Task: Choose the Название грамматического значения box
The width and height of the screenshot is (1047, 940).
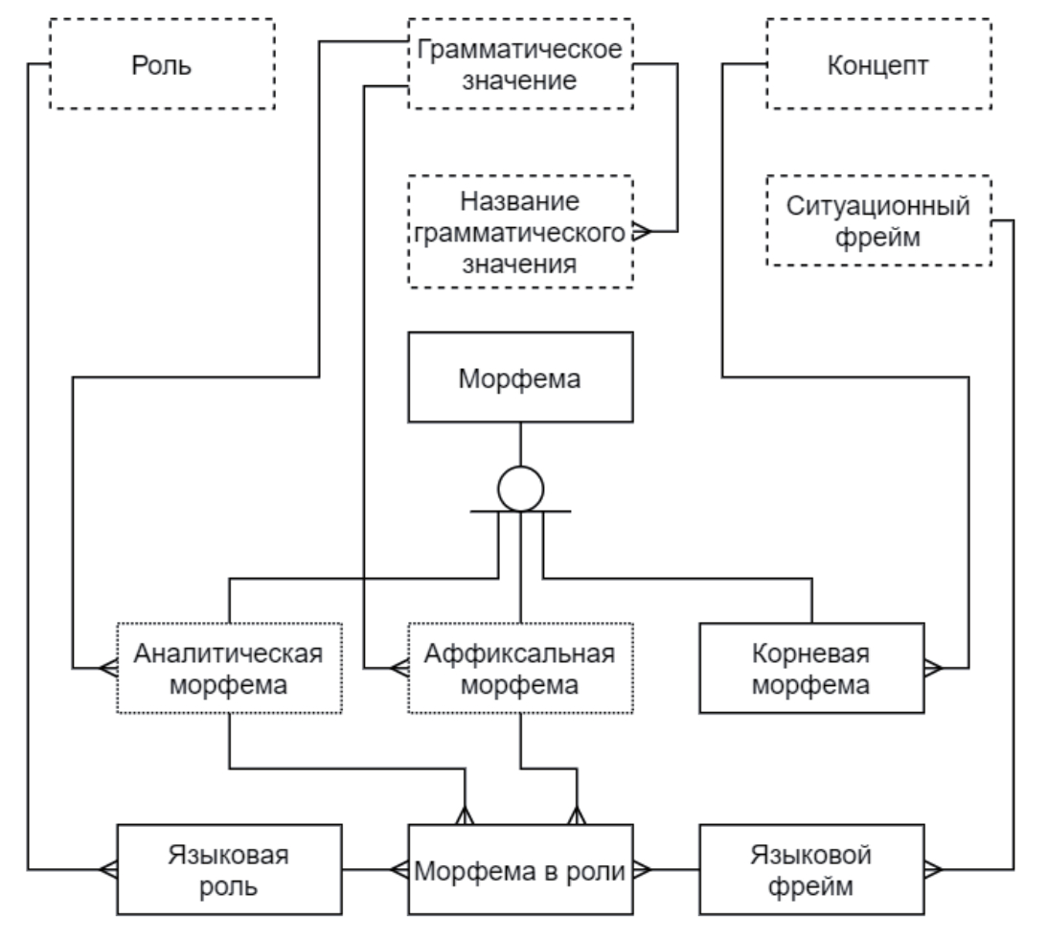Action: coord(520,232)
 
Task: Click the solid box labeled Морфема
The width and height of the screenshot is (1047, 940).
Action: coord(520,377)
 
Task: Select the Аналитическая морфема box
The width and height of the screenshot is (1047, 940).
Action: coord(228,668)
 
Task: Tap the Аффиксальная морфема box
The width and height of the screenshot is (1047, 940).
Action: coord(520,668)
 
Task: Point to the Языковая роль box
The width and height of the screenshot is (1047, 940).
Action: coord(228,870)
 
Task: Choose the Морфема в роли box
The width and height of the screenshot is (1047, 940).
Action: coord(520,870)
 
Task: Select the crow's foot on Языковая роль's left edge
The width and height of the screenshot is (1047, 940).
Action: coord(106,869)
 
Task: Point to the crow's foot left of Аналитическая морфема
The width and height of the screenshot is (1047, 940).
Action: coord(106,667)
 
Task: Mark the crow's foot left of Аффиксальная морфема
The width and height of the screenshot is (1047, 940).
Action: coord(398,667)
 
